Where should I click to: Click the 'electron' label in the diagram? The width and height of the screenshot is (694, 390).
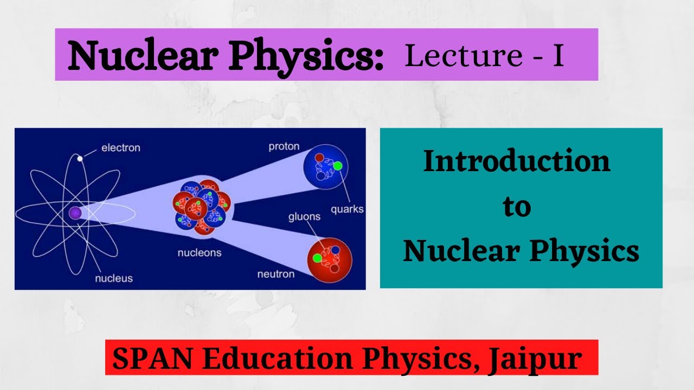pos(120,147)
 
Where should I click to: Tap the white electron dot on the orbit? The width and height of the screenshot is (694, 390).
pos(80,158)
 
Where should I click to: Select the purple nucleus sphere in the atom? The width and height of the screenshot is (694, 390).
pos(75,213)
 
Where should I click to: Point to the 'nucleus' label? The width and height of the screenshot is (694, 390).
pos(114,278)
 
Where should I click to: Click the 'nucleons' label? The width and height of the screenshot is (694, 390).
pos(200,252)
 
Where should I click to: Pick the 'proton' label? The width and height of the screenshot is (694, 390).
pos(284,147)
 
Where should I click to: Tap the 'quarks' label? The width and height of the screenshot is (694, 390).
pos(347,209)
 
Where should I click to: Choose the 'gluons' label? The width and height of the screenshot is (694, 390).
pos(304,217)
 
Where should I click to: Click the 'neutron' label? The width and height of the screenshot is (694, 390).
pos(276,274)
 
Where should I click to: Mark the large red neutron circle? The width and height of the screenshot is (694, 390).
pos(330,259)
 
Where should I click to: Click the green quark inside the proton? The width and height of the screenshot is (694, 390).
pos(337,166)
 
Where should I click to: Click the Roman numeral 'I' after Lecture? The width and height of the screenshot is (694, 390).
pos(558,56)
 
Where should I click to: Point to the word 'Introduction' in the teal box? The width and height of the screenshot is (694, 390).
pos(517,161)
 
